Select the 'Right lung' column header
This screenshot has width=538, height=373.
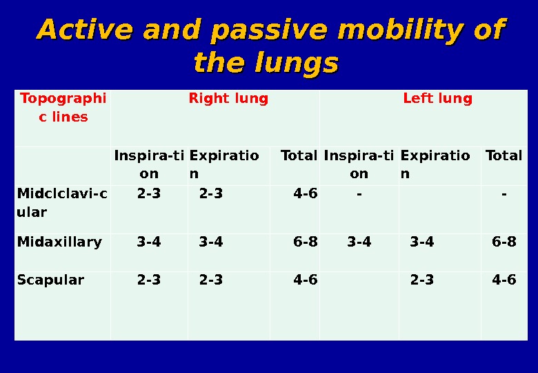[x=228, y=99]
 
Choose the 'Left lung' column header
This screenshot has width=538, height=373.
[x=437, y=99]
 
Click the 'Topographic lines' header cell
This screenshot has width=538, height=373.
[x=63, y=107]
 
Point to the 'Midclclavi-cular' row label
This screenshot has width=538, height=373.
[x=62, y=203]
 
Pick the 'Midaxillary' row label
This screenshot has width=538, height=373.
[x=59, y=242]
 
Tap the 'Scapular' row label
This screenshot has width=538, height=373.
[x=51, y=280]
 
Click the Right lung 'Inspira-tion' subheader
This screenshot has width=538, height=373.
[x=149, y=164]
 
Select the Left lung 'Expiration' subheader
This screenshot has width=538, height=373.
[x=435, y=164]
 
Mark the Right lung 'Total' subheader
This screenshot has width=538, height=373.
[x=299, y=155]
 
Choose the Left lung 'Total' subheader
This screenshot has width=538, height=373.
[x=504, y=155]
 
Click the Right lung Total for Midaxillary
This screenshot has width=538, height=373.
[x=306, y=242]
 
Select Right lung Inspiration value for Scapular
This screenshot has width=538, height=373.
[x=149, y=280]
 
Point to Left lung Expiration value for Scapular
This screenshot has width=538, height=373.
[x=422, y=280]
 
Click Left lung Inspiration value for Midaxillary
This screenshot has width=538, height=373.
[x=359, y=242]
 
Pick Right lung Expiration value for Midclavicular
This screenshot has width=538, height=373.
[x=211, y=194]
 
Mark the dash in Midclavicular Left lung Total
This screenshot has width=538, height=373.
[x=504, y=194]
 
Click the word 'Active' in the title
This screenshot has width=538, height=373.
[x=76, y=30]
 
